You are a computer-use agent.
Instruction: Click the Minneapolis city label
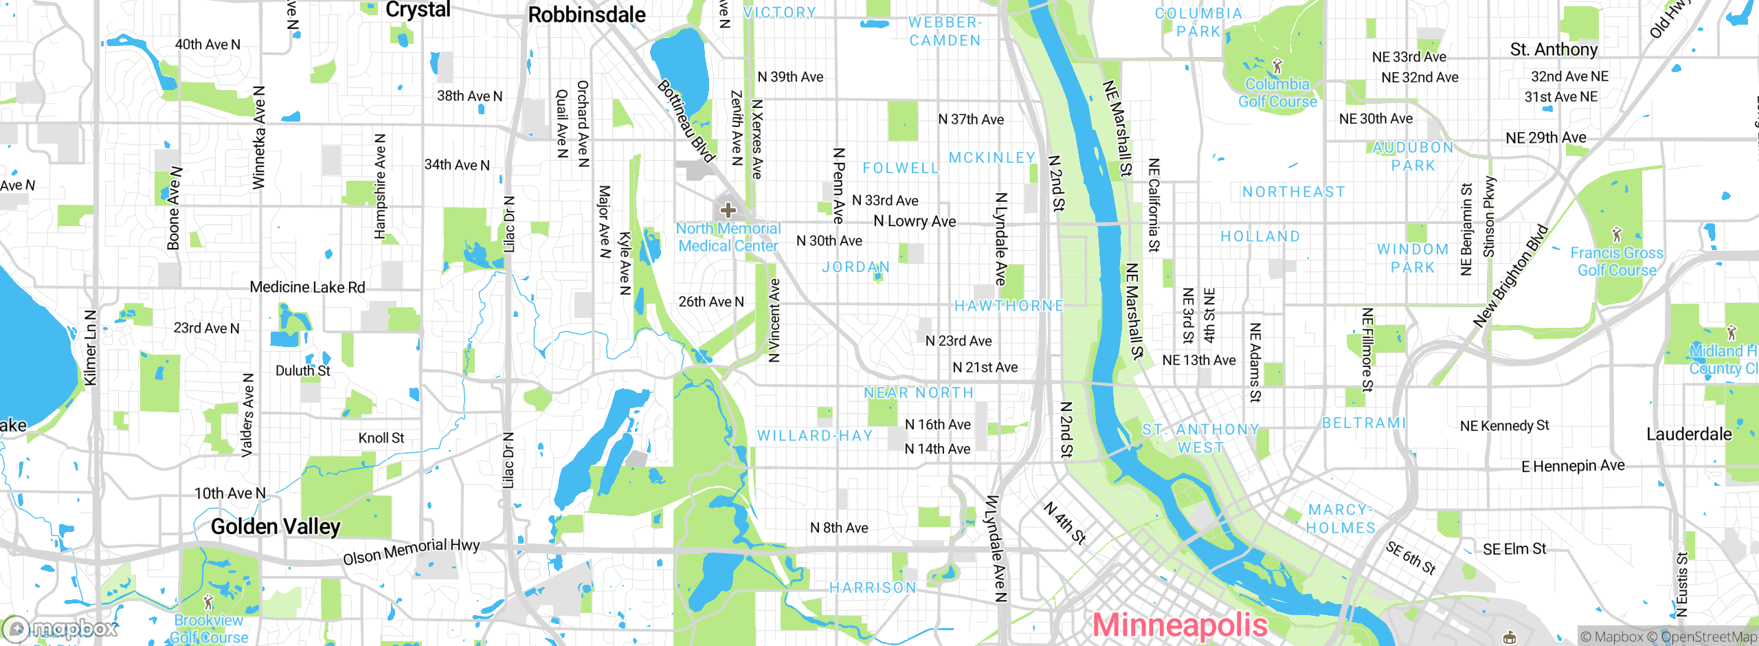[1179, 625]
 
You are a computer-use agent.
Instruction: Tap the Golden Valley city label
[276, 527]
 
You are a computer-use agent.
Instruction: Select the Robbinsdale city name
[586, 15]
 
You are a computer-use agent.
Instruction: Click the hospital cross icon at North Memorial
[728, 210]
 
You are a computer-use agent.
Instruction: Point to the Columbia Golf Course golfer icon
[1277, 67]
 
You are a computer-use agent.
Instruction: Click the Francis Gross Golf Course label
[1616, 262]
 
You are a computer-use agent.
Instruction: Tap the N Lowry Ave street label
[914, 221]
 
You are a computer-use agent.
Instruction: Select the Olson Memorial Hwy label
[411, 551]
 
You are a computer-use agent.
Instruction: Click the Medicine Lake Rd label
[307, 287]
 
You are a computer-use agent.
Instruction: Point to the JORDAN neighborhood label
[855, 267]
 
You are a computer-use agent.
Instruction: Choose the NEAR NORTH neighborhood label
[919, 392]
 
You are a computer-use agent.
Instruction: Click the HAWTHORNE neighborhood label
[1009, 306]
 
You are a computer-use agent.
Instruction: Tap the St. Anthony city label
[1554, 49]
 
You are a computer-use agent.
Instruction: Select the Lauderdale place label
[1689, 434]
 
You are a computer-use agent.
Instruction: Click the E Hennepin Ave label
[1573, 466]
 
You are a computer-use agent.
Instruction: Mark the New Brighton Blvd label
[1510, 276]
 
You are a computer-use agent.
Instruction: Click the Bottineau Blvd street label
[686, 121]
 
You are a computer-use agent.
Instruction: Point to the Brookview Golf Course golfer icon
[209, 603]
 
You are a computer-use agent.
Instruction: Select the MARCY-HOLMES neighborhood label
[1340, 519]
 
